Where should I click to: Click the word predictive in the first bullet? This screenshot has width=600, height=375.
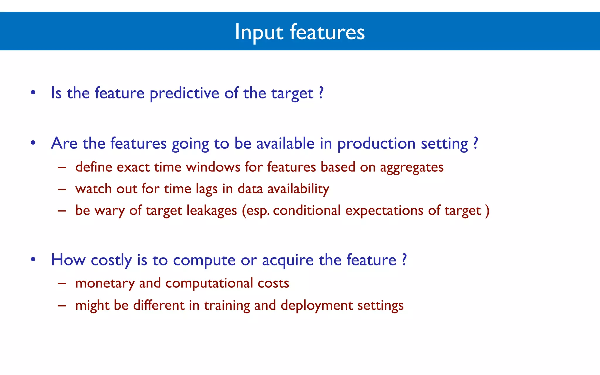[184, 93]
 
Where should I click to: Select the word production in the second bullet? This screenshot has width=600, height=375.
[376, 144]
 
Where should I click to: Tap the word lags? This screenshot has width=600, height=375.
[207, 189]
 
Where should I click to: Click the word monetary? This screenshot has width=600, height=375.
[105, 283]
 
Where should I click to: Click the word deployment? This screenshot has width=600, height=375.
[317, 306]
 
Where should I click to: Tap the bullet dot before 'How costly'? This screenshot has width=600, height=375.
[33, 260]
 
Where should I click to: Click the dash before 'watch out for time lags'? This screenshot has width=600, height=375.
[62, 189]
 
